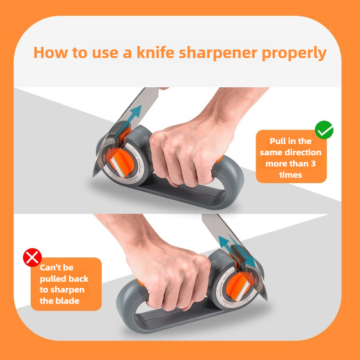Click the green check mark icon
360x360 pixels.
click(324, 130)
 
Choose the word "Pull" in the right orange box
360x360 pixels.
click(279, 141)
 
